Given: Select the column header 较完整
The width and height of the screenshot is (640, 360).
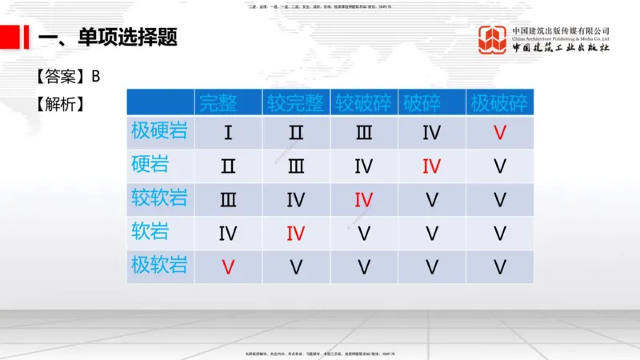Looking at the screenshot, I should click(x=296, y=102).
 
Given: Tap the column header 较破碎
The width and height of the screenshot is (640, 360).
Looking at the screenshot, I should click(x=363, y=102).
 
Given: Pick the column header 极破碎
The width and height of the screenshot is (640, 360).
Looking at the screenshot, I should click(x=499, y=102).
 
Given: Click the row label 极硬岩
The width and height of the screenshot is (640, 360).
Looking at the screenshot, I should click(x=160, y=131).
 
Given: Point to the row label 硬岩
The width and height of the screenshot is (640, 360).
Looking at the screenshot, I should click(x=150, y=165).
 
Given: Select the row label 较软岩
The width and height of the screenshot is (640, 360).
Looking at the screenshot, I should click(x=160, y=198).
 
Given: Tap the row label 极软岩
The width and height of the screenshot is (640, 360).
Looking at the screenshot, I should click(x=160, y=266).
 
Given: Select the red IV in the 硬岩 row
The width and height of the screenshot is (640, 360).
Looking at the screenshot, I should click(x=432, y=166).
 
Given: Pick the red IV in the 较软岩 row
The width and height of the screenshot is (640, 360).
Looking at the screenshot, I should click(x=364, y=200).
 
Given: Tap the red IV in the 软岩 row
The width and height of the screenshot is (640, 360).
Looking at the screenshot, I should click(x=296, y=234).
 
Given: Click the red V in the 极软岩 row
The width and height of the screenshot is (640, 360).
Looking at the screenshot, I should click(x=228, y=267).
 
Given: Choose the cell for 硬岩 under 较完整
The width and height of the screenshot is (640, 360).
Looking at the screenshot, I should click(x=296, y=166).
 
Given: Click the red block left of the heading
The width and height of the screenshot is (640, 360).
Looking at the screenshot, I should click(x=10, y=36).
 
